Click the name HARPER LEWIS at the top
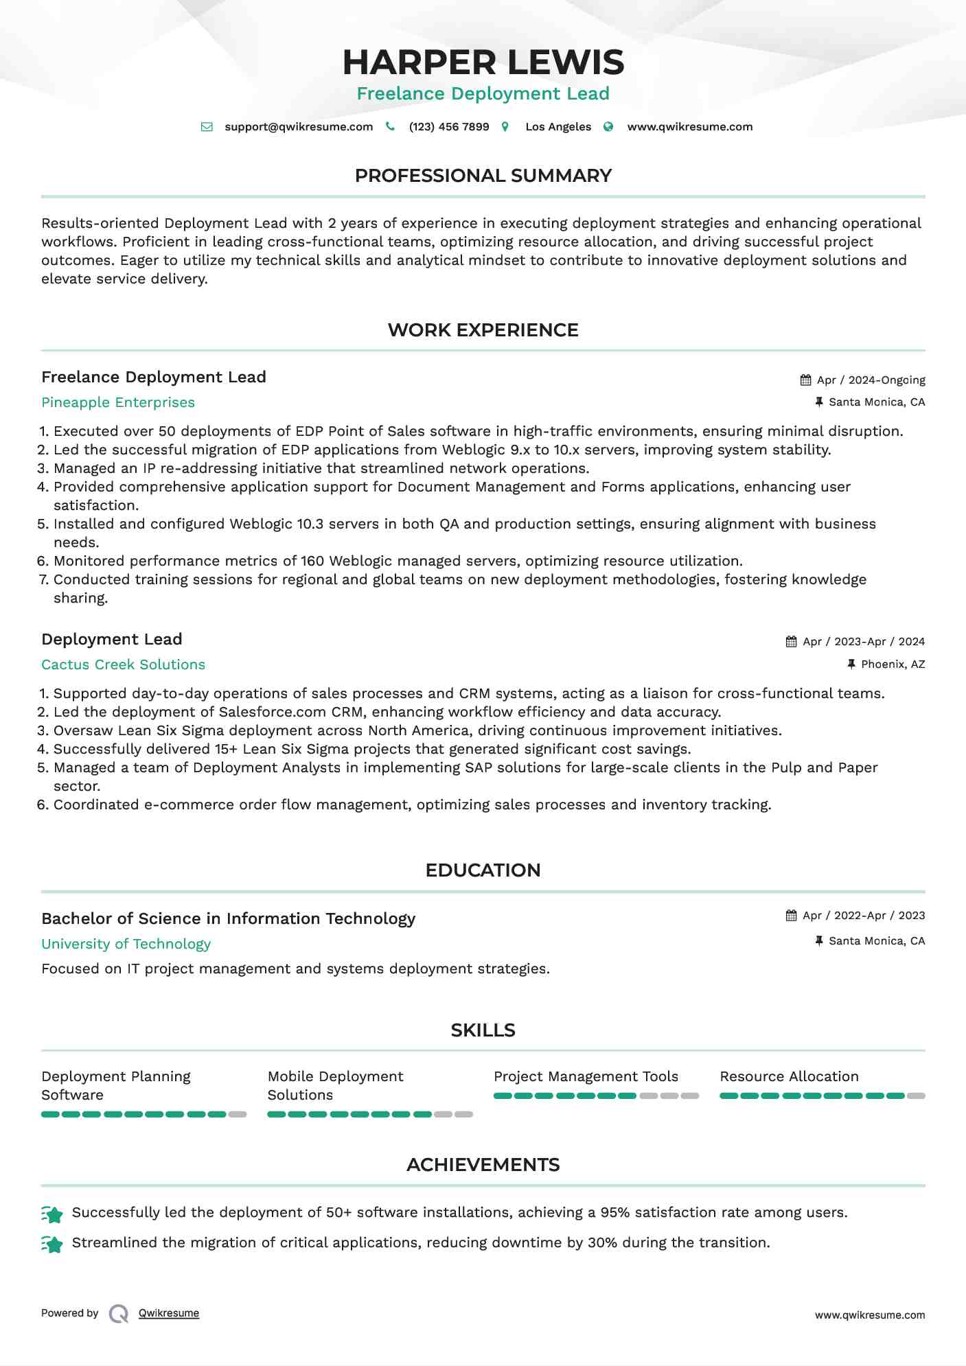click(483, 62)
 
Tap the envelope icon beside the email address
click(207, 127)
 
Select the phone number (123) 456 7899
click(448, 127)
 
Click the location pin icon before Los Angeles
click(505, 127)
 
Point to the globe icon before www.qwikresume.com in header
click(608, 127)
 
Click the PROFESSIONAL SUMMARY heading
click(483, 176)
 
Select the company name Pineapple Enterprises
click(118, 402)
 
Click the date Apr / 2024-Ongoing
click(871, 380)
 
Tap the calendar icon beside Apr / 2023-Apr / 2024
click(792, 642)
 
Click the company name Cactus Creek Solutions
click(123, 664)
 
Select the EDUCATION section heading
click(483, 870)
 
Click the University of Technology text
click(126, 944)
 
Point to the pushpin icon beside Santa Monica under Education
click(819, 941)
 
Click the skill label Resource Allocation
click(789, 1076)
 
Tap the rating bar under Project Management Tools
click(596, 1096)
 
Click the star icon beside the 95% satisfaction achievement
click(52, 1214)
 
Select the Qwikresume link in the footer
click(169, 1313)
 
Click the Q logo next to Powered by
click(119, 1314)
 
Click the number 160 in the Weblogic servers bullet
click(312, 561)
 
